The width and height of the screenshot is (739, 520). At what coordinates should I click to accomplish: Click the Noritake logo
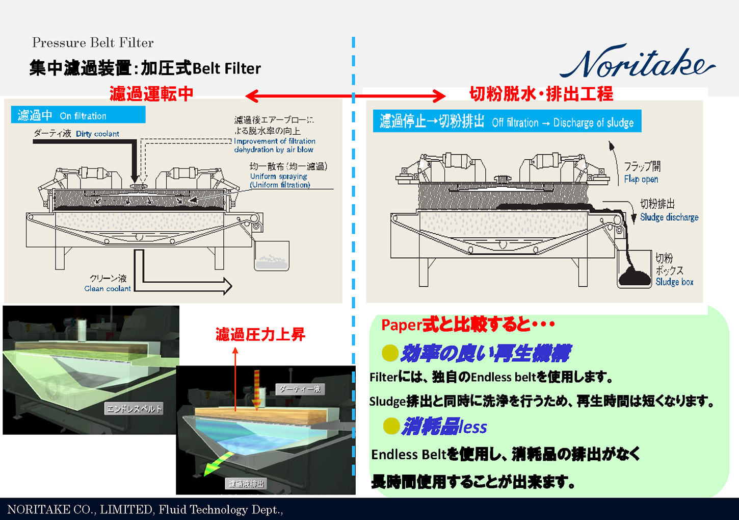pyautogui.click(x=637, y=63)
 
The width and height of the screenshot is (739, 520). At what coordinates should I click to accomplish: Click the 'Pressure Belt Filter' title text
pyautogui.click(x=93, y=43)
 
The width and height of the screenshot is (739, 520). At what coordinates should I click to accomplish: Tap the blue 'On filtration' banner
pyautogui.click(x=78, y=115)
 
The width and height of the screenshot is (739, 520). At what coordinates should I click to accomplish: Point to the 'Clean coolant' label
pyautogui.click(x=108, y=288)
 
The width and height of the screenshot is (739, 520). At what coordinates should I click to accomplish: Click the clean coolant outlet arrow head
pyautogui.click(x=226, y=286)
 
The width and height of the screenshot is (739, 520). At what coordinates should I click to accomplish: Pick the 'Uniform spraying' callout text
pyautogui.click(x=278, y=176)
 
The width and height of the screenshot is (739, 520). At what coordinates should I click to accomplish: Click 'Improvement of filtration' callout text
pyautogui.click(x=275, y=141)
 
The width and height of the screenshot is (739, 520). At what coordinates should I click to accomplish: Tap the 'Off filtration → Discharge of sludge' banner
pyautogui.click(x=507, y=121)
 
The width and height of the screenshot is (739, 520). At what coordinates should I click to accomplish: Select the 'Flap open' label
pyautogui.click(x=641, y=179)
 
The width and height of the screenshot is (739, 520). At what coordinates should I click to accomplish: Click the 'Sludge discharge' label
pyautogui.click(x=669, y=217)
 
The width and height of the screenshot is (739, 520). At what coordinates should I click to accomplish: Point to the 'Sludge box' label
pyautogui.click(x=674, y=282)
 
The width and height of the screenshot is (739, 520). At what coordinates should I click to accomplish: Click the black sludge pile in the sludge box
pyautogui.click(x=635, y=278)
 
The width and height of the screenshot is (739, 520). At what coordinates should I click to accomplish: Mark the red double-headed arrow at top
pyautogui.click(x=346, y=95)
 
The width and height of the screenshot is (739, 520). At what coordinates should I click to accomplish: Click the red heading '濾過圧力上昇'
pyautogui.click(x=260, y=335)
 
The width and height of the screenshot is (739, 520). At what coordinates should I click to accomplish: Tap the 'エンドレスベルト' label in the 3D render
pyautogui.click(x=134, y=408)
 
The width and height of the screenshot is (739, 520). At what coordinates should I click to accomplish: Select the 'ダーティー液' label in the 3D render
pyautogui.click(x=300, y=389)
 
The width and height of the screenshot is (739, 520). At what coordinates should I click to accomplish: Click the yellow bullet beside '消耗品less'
pyautogui.click(x=391, y=426)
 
